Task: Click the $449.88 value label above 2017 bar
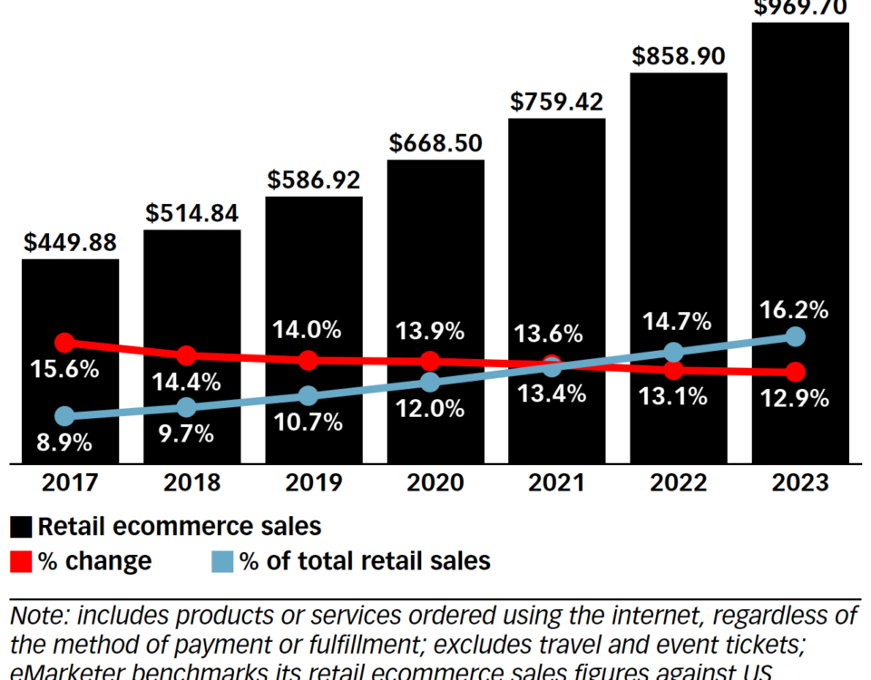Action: tap(70, 243)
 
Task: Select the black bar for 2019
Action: tap(313, 272)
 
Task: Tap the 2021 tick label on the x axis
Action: tap(556, 482)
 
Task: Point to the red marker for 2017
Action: tap(64, 343)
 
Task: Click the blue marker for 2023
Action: tap(795, 337)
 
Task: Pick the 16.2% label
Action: tap(795, 310)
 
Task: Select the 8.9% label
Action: tap(64, 443)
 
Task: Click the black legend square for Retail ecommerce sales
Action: tap(21, 526)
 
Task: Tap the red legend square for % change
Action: tap(21, 561)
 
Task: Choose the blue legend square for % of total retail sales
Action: tap(223, 561)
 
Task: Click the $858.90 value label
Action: tap(678, 57)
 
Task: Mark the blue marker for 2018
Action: tap(186, 407)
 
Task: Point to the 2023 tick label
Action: tap(800, 482)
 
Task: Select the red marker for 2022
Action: tap(673, 370)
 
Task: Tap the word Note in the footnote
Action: tap(37, 617)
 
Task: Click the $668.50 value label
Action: tap(435, 144)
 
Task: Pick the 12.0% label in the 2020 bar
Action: tap(430, 409)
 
